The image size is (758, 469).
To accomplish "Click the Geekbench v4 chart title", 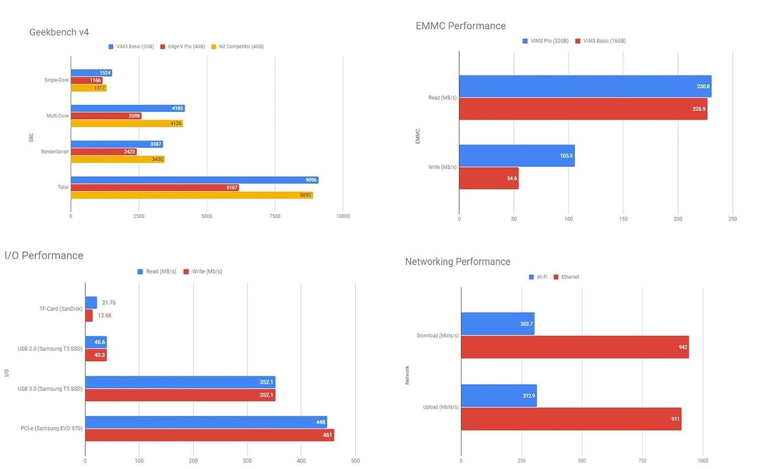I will click(x=59, y=32).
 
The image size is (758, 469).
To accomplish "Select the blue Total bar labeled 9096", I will click(x=195, y=180).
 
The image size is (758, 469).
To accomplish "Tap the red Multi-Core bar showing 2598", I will click(x=106, y=116).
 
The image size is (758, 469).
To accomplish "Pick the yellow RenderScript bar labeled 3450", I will click(x=118, y=159).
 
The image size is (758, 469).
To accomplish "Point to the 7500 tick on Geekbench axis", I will click(x=275, y=216).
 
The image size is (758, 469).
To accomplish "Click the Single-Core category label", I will click(x=56, y=80).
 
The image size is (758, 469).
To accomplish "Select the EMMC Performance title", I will click(x=460, y=26).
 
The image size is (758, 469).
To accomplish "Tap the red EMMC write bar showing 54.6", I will click(x=489, y=178).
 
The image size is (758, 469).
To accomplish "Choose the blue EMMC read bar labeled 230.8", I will click(x=585, y=86).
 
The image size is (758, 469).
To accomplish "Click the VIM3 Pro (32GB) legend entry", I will click(x=546, y=41).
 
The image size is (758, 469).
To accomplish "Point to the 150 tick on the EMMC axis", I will click(x=623, y=219).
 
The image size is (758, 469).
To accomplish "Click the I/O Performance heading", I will click(x=44, y=256).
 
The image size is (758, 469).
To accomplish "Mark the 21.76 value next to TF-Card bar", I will click(x=109, y=303).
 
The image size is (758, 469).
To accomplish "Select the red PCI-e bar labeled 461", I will click(x=209, y=435).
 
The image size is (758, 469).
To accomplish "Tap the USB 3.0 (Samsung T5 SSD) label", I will click(x=50, y=389).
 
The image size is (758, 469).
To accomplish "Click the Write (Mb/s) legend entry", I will click(x=203, y=272).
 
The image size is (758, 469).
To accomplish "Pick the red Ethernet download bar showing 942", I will click(x=575, y=347).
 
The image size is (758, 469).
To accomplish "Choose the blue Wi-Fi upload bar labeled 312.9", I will click(x=499, y=396).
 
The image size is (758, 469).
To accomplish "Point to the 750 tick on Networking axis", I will click(x=642, y=461).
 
